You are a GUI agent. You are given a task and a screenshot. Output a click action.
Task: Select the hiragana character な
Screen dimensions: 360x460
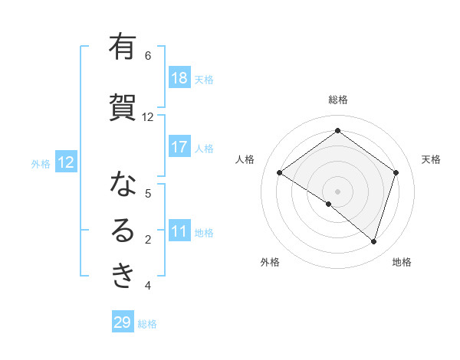(123, 185)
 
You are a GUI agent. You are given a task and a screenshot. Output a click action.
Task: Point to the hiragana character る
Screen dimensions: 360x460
(123, 231)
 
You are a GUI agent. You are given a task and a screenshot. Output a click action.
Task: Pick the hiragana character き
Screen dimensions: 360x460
(123, 277)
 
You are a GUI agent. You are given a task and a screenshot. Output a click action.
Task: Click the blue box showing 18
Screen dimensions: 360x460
(179, 78)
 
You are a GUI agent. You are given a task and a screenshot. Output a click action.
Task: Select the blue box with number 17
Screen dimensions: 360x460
(179, 147)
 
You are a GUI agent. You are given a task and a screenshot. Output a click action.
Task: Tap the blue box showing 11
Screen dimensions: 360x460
(179, 231)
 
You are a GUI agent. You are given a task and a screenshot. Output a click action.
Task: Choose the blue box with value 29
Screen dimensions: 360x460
(123, 322)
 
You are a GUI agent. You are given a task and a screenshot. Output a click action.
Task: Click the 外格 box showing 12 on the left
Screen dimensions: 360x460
(65, 162)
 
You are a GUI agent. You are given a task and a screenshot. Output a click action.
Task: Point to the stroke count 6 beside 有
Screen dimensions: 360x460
(148, 56)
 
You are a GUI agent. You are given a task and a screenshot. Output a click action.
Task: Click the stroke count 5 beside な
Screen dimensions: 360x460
(148, 194)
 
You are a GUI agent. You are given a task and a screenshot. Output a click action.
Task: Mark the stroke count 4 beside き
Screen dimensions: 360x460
(148, 286)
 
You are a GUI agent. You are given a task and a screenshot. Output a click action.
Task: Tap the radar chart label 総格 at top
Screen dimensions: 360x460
(337, 100)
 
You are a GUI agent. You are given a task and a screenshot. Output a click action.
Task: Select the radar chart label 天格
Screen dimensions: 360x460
(431, 159)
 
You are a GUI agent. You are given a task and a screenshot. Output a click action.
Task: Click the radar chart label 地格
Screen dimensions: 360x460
(402, 262)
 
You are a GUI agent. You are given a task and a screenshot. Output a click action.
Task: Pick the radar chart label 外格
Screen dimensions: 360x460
(270, 262)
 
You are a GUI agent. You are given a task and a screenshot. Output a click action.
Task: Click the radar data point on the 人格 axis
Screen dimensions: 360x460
(280, 173)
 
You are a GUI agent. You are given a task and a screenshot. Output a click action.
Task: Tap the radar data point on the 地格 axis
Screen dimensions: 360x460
(373, 241)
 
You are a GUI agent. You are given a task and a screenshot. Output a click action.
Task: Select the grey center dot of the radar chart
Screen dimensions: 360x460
(337, 191)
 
